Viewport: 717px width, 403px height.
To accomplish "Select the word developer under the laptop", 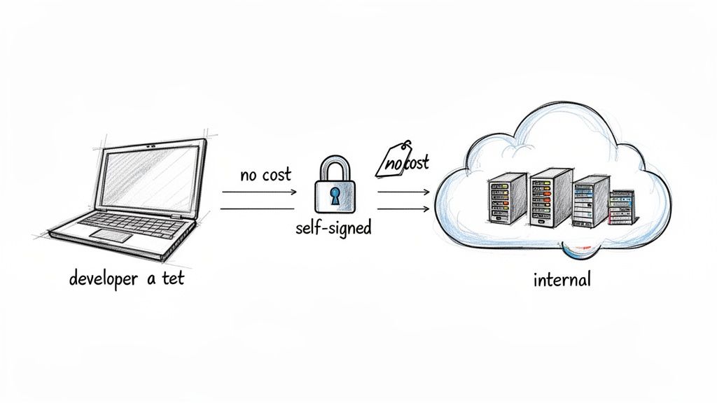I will pyautogui.click(x=102, y=278).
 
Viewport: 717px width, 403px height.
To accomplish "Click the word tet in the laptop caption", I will pyautogui.click(x=172, y=278).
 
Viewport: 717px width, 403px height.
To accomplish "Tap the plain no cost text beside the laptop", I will pyautogui.click(x=265, y=175).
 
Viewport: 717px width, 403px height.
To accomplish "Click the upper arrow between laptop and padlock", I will pyautogui.click(x=259, y=191).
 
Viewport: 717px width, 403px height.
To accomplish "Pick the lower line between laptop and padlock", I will pyautogui.click(x=257, y=208).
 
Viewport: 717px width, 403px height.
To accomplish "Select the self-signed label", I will pyautogui.click(x=334, y=229).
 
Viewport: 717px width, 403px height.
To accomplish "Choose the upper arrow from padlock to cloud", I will pyautogui.click(x=403, y=191).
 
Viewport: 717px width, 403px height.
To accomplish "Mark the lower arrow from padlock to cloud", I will pyautogui.click(x=403, y=208).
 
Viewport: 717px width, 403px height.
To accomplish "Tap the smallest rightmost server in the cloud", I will pyautogui.click(x=620, y=207).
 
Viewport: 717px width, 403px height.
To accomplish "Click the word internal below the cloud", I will pyautogui.click(x=562, y=281).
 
